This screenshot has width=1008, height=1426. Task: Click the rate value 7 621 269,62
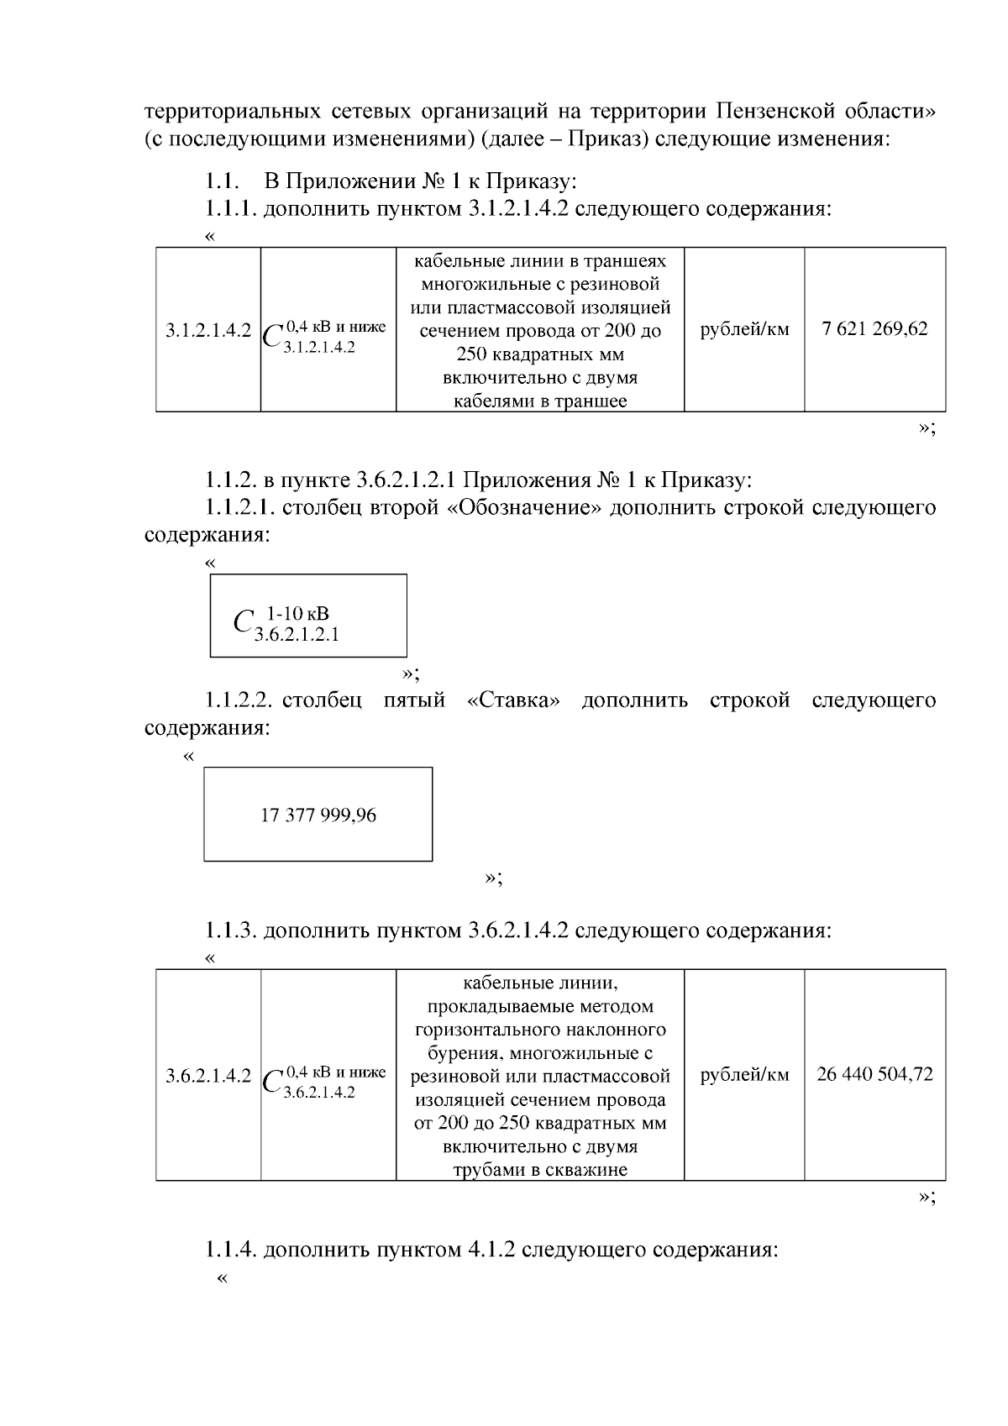coord(874,329)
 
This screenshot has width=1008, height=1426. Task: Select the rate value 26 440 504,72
coord(874,1075)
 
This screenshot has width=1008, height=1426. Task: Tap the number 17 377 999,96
coord(318,815)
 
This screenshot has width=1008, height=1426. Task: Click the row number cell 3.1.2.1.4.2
coord(207,330)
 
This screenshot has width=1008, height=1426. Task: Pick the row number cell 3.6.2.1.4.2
coord(207,1076)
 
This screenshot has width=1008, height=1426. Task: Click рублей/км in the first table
coord(744,329)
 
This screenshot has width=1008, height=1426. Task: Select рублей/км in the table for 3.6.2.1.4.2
coord(744,1075)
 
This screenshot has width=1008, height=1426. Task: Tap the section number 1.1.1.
coord(231,209)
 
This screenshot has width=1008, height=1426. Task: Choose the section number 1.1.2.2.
coord(239,700)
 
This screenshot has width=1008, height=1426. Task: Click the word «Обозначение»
coord(524,507)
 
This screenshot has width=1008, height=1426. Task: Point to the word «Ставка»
coord(512,700)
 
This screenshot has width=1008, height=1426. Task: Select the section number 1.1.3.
coord(231,931)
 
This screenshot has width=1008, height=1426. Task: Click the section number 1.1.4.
coord(231,1250)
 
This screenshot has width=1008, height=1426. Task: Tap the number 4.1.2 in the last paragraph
coord(489,1250)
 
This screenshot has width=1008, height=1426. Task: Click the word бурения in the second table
coord(461,1053)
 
